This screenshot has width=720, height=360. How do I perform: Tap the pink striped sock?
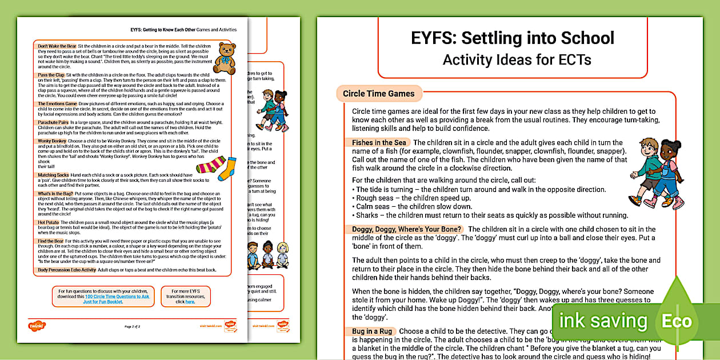pos(210,166)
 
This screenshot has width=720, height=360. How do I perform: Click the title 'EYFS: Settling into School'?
pos(512,38)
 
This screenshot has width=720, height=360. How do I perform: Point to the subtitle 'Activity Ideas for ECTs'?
pos(512,59)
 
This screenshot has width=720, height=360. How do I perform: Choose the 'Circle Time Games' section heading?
pos(379,94)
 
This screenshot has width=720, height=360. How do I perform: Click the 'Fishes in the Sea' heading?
pos(379,142)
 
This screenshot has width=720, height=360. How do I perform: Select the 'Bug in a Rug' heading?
pos(370,331)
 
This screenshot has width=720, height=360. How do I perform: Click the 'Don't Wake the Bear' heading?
pos(57,46)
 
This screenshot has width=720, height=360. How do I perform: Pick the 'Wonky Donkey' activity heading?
pos(52,141)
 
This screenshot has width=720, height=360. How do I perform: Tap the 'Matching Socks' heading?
pos(54,175)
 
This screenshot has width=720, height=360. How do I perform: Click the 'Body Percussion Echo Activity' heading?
pos(67,269)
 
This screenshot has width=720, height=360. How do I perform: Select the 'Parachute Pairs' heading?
pos(53,122)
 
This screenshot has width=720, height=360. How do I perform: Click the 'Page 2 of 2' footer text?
pos(132,326)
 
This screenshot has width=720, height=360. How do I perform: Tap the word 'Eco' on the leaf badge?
pos(677,321)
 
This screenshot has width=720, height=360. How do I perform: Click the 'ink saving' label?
pos(602,321)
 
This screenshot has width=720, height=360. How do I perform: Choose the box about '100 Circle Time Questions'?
pos(103,297)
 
